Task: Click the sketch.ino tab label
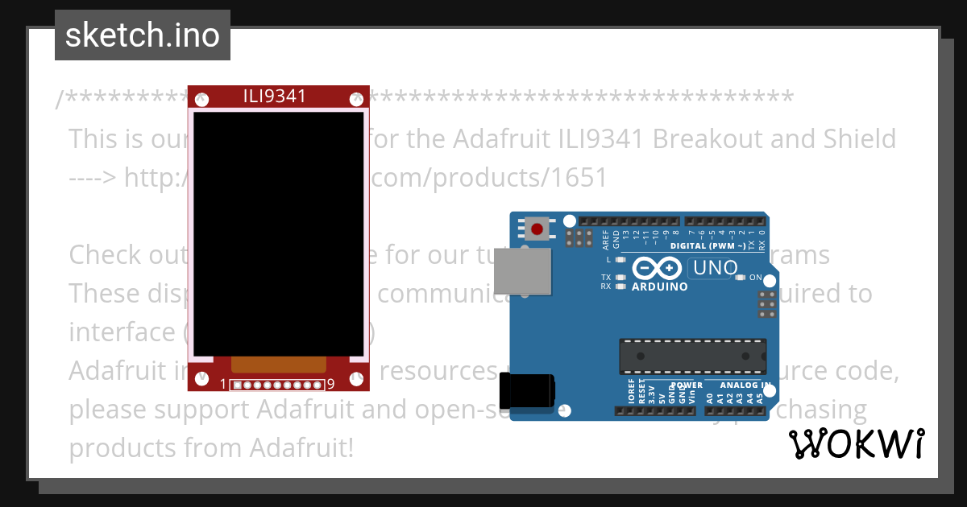click(143, 35)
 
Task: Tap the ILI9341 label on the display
click(275, 97)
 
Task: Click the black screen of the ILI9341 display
click(278, 233)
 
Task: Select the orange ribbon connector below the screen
click(278, 365)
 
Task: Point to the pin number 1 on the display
click(223, 385)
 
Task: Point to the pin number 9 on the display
click(330, 385)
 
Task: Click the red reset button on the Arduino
click(537, 229)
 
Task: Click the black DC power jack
click(527, 392)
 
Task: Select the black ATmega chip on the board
click(692, 356)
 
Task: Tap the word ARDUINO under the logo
click(660, 286)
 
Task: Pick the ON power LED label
click(755, 278)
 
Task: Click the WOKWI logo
click(856, 443)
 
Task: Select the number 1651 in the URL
click(580, 177)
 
